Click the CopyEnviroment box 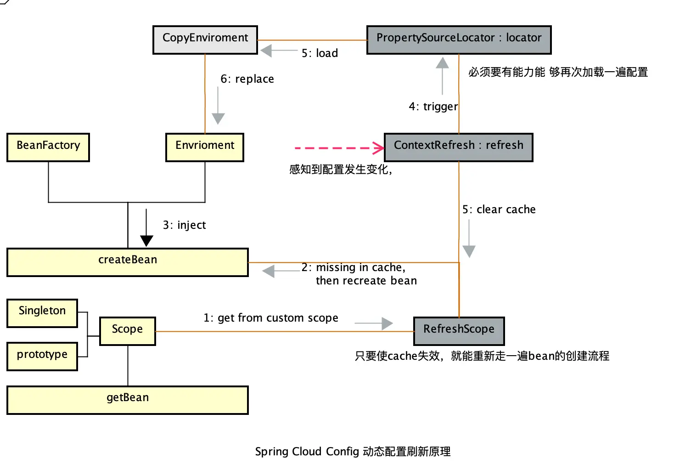pyautogui.click(x=205, y=40)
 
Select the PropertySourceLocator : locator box pyautogui.click(x=459, y=40)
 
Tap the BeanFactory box pyautogui.click(x=48, y=147)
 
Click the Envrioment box pyautogui.click(x=205, y=147)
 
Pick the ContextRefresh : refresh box pyautogui.click(x=459, y=147)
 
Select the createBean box pyautogui.click(x=128, y=262)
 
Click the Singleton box pyautogui.click(x=42, y=313)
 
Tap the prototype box pyautogui.click(x=42, y=357)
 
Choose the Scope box pyautogui.click(x=128, y=331)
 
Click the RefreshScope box pyautogui.click(x=459, y=331)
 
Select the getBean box pyautogui.click(x=128, y=400)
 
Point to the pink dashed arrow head pyautogui.click(x=378, y=148)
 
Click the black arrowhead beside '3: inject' pyautogui.click(x=146, y=241)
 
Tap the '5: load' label pyautogui.click(x=320, y=53)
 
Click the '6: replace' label pyautogui.click(x=247, y=79)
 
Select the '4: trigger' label pyautogui.click(x=433, y=107)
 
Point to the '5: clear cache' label pyautogui.click(x=499, y=209)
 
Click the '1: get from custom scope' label pyautogui.click(x=271, y=318)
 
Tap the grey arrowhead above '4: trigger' pyautogui.click(x=442, y=62)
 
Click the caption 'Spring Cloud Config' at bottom pyautogui.click(x=307, y=452)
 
